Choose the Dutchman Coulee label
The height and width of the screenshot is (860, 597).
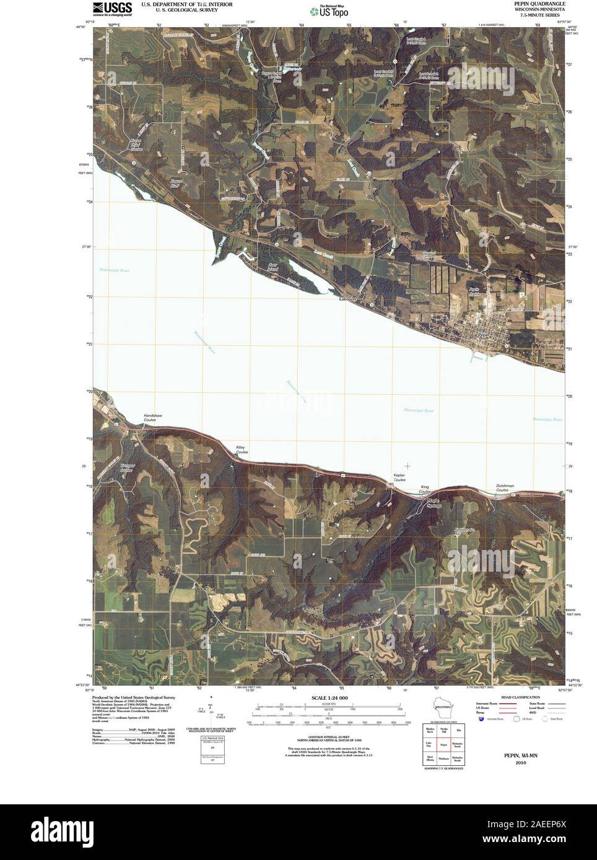click(x=505, y=488)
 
